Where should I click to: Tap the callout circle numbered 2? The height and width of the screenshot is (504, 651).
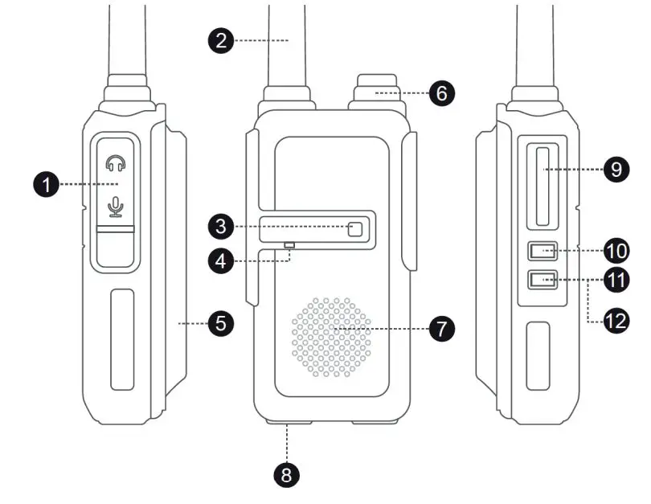(x=222, y=40)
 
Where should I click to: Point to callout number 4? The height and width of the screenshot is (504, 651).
(x=222, y=260)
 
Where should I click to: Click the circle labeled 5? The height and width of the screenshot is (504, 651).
(x=220, y=324)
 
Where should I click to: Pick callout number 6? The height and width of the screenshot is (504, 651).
(x=441, y=93)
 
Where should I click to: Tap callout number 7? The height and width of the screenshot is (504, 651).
(x=441, y=328)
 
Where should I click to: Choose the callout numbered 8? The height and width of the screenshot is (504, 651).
(x=287, y=474)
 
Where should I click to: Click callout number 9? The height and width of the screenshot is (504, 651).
(x=616, y=170)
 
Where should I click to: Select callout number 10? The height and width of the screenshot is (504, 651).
(x=616, y=251)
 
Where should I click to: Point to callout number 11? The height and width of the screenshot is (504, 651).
(x=616, y=281)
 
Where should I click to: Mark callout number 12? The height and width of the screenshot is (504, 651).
(x=616, y=322)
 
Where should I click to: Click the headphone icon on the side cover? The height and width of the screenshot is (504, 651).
(x=116, y=164)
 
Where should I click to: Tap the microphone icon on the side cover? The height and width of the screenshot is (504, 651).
(x=116, y=208)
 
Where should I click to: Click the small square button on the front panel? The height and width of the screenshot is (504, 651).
(x=355, y=230)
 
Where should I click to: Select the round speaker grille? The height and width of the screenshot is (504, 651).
(x=331, y=336)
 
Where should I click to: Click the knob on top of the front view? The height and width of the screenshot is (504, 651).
(x=375, y=90)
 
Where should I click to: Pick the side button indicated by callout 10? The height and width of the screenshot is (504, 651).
(x=542, y=252)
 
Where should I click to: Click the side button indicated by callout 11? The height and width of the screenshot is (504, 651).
(x=542, y=281)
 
